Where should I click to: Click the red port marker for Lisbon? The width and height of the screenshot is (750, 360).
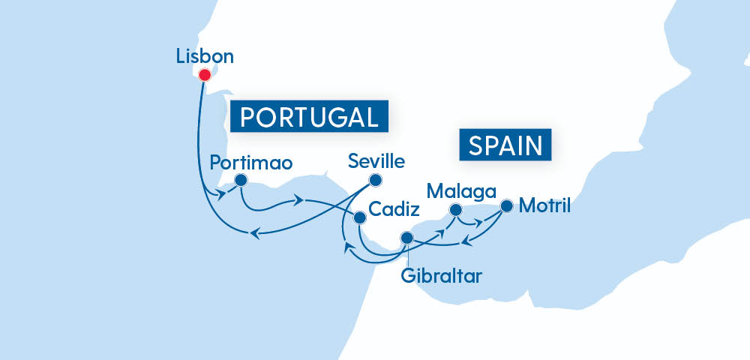coord(204,75)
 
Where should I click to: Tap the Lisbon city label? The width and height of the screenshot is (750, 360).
coord(204,55)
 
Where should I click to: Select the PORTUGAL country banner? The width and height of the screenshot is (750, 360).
coord(309,117)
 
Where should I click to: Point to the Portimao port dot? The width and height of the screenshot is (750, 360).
coord(241,180)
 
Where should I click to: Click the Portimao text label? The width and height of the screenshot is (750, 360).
coord(250,162)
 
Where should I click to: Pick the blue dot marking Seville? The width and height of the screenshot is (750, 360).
coord(375,180)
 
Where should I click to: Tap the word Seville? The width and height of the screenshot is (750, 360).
coord(376,161)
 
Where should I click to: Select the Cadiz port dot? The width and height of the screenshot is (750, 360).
coord(359,217)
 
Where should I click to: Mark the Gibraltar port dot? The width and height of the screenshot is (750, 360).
coord(406,238)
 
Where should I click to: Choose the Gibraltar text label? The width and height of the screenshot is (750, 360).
coord(441,274)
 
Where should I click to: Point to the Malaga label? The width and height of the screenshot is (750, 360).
coord(456,190)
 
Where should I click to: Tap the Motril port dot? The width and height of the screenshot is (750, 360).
coord(506,205)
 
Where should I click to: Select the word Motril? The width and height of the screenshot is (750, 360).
coord(544,205)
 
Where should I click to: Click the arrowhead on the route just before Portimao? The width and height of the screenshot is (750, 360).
coord(223,196)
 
